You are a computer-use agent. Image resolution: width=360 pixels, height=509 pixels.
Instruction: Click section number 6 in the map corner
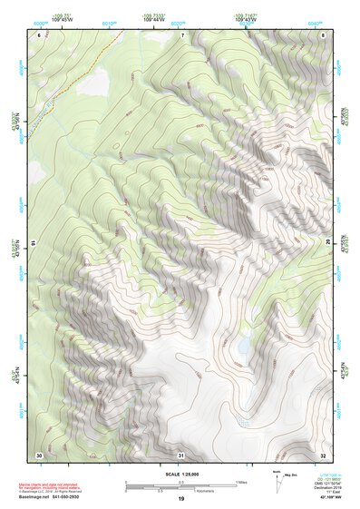click(x=39, y=34)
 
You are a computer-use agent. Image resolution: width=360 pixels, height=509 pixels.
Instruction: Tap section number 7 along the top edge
click(x=181, y=34)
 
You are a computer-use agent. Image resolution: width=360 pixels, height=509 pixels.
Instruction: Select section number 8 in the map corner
click(x=323, y=34)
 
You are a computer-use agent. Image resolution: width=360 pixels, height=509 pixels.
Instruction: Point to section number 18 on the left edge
click(x=34, y=243)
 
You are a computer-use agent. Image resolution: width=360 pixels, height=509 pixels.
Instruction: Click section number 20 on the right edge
click(x=327, y=243)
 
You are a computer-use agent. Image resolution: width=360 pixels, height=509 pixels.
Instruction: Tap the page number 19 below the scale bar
click(x=180, y=499)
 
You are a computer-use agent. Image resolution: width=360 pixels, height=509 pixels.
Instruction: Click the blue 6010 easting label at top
click(x=110, y=24)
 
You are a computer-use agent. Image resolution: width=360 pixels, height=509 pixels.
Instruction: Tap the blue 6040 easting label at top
click(x=314, y=24)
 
